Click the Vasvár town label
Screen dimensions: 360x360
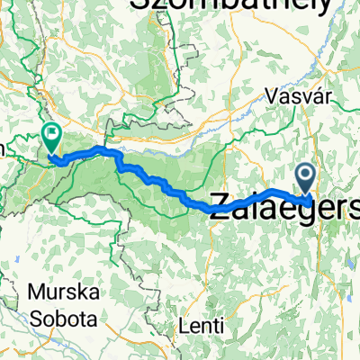pos(290,95)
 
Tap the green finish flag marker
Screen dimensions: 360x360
pos(50,137)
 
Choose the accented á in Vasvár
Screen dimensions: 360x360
pos(302,95)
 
